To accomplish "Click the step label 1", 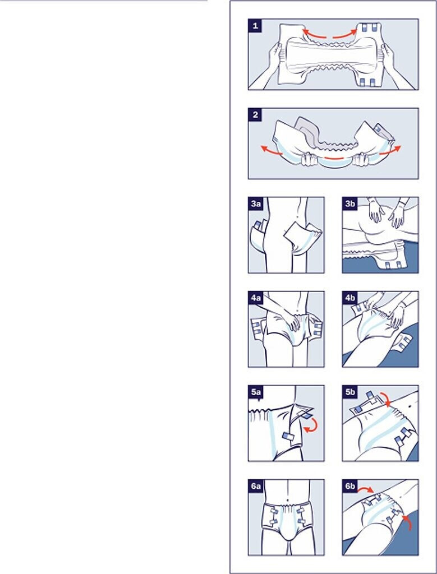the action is [255, 26].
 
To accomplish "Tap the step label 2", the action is [255, 114].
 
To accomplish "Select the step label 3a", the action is [256, 203].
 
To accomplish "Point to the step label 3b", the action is [350, 203].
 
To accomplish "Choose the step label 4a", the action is [256, 298].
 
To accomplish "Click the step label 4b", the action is [350, 298].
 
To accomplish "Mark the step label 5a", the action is [256, 392].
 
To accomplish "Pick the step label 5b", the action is [350, 392].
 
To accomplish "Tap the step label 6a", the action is [256, 486].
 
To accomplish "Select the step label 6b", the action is [350, 486].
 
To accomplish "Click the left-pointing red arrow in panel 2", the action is [271, 151].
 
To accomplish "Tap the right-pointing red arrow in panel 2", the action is [390, 150].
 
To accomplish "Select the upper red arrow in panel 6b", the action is [366, 489].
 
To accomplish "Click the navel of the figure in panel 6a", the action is [288, 499].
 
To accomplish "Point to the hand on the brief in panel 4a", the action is [292, 323].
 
